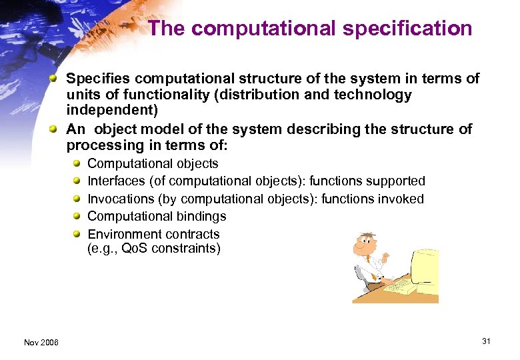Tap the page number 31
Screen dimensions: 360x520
pyautogui.click(x=486, y=341)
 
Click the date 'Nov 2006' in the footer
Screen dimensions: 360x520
pyautogui.click(x=41, y=342)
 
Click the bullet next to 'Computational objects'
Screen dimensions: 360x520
pyautogui.click(x=77, y=164)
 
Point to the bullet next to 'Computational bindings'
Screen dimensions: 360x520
pyautogui.click(x=77, y=217)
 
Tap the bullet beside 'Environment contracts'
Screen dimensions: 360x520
pyautogui.click(x=77, y=234)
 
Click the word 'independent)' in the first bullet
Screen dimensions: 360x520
pyautogui.click(x=112, y=111)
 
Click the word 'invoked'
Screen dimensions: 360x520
pyautogui.click(x=402, y=199)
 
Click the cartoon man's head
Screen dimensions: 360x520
pyautogui.click(x=366, y=246)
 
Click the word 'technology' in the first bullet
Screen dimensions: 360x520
pyautogui.click(x=375, y=95)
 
